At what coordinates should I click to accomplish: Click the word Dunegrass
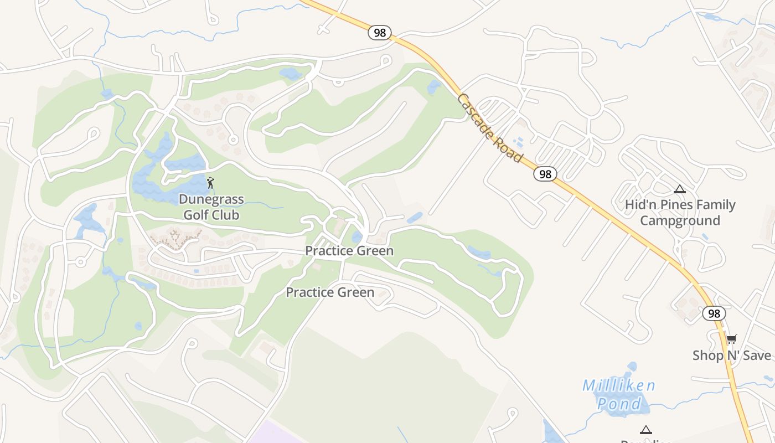(x=211, y=199)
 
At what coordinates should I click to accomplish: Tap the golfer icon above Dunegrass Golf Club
(x=210, y=182)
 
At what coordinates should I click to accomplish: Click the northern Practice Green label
(x=349, y=251)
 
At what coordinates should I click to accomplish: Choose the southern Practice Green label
(x=330, y=292)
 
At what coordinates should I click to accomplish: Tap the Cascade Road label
(x=490, y=128)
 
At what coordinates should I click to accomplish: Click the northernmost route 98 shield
(x=380, y=33)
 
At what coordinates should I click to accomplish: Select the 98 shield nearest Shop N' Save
(x=714, y=313)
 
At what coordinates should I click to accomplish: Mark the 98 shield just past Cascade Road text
(x=545, y=174)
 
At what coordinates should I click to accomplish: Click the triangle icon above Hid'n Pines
(x=680, y=189)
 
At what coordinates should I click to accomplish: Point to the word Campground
(x=680, y=220)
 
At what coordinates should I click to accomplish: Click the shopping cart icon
(x=731, y=339)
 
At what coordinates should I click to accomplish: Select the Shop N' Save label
(x=731, y=355)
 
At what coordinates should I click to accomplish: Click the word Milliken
(x=619, y=385)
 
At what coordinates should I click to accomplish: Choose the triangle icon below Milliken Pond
(x=645, y=430)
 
